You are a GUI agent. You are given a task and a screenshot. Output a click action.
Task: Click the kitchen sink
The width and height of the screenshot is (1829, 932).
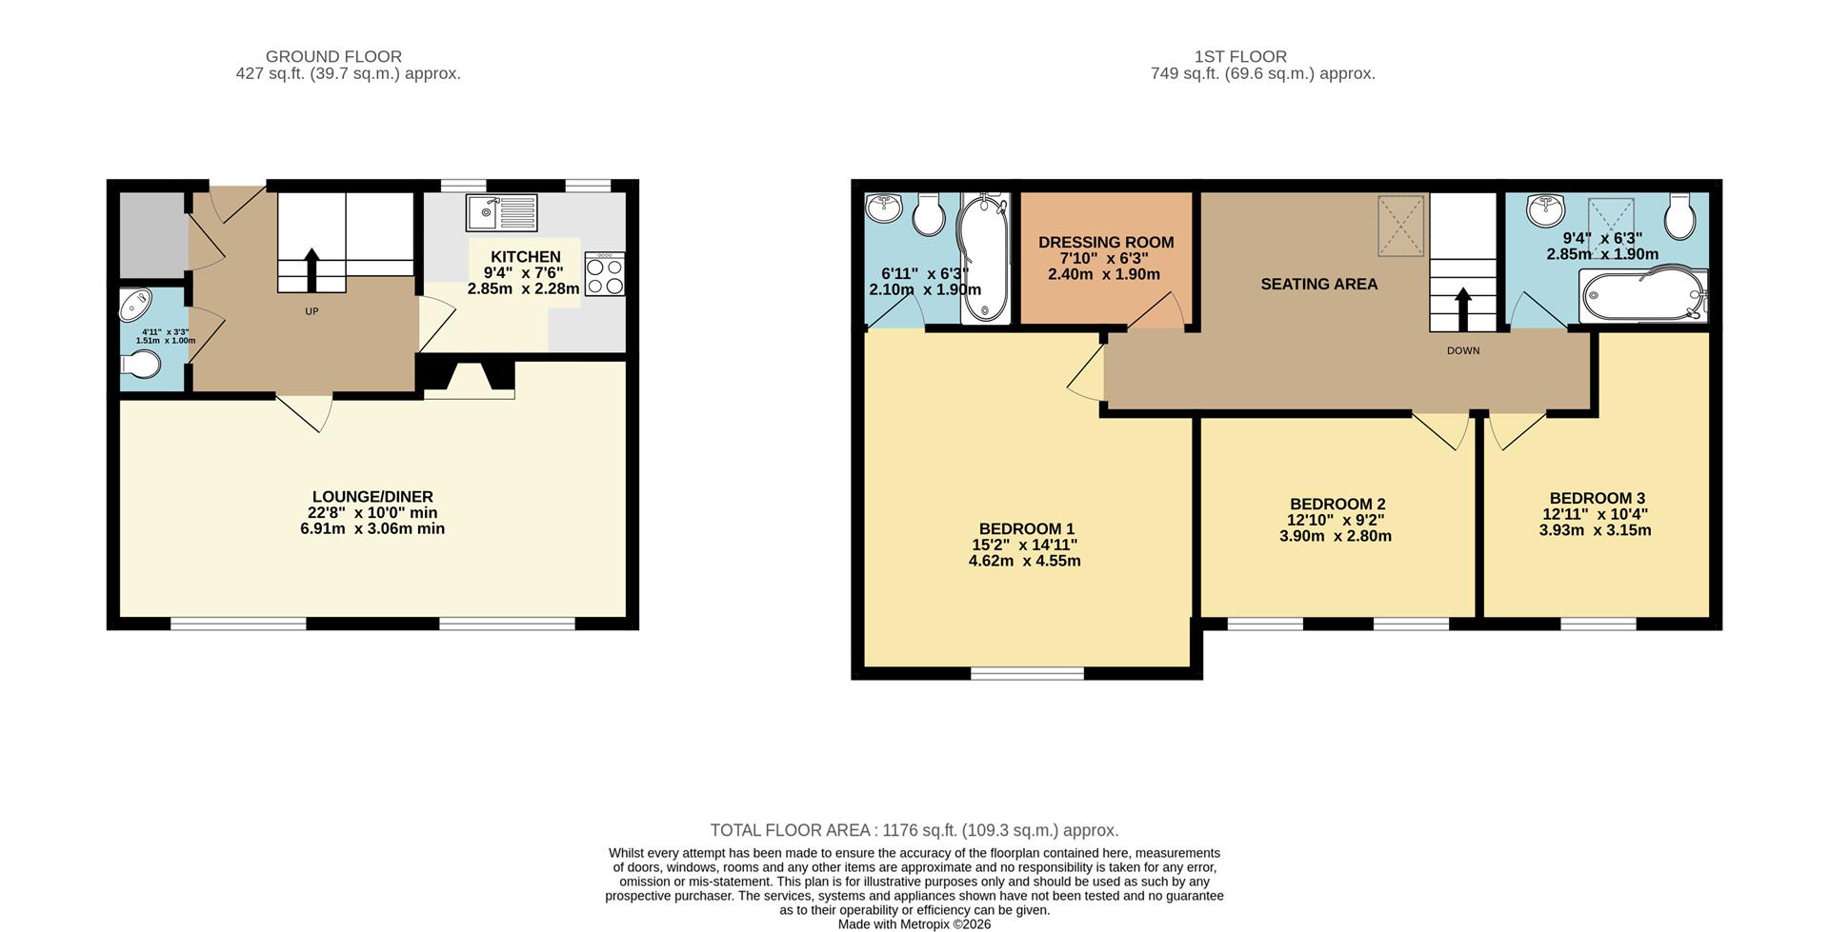[501, 212]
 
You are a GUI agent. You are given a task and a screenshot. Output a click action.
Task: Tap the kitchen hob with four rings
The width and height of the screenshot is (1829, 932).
[605, 274]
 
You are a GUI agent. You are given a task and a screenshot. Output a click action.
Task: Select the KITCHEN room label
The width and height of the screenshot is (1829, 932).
[525, 257]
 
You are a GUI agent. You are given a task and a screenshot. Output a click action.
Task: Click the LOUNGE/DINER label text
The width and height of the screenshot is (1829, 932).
[372, 497]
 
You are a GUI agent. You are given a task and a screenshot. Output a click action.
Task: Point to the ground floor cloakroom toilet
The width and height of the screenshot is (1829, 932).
[142, 365]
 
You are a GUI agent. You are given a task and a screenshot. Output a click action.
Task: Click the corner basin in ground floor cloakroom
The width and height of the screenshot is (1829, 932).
[134, 306]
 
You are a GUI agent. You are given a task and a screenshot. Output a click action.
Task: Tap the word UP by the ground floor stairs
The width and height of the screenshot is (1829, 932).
[312, 311]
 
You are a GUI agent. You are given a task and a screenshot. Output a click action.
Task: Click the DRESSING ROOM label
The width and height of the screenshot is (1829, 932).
[1105, 243]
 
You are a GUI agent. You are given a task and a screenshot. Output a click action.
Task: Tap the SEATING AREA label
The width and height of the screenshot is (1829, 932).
[1318, 284]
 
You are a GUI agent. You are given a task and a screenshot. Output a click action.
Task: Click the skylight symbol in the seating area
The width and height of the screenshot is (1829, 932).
[1400, 226]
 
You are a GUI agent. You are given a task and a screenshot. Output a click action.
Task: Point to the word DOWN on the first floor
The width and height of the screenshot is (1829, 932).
[1462, 350]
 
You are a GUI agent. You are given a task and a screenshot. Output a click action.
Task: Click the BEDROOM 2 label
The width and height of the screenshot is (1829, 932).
[1337, 504]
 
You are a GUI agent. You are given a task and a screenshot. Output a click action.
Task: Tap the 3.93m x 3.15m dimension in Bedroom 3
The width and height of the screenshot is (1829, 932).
[1595, 530]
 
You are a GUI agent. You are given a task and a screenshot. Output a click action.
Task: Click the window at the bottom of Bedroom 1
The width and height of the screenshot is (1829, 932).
[1027, 673]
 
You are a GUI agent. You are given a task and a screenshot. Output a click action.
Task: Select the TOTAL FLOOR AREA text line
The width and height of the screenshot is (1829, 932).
[914, 830]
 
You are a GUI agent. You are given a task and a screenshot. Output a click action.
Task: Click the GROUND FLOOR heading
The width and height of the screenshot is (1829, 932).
[333, 57]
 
